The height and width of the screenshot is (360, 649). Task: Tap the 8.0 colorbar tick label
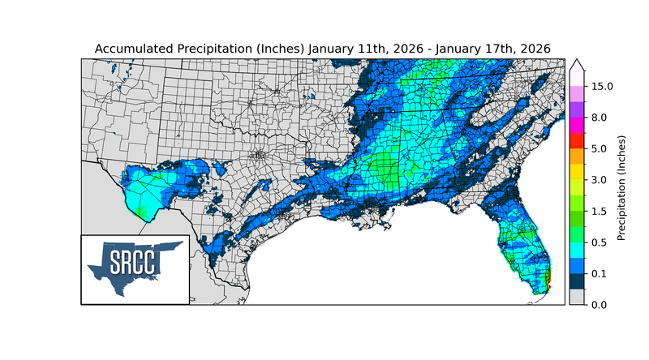coord(598,118)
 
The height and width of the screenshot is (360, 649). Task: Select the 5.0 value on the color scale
coord(598,149)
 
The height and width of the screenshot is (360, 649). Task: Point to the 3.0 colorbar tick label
coord(598,180)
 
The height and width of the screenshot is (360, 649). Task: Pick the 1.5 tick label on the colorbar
coord(598,211)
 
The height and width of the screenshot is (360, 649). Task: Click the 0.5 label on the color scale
coord(598,242)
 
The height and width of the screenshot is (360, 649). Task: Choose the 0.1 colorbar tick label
coord(598,273)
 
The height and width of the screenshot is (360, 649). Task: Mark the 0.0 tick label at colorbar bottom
coord(598,304)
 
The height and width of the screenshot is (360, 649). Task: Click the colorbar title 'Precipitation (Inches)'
coord(621,188)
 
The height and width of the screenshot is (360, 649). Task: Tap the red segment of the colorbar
coord(577,141)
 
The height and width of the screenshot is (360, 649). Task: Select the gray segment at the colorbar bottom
coord(577,297)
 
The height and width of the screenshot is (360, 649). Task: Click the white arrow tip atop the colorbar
coord(577,65)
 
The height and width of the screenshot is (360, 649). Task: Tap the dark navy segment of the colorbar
coord(577,281)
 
